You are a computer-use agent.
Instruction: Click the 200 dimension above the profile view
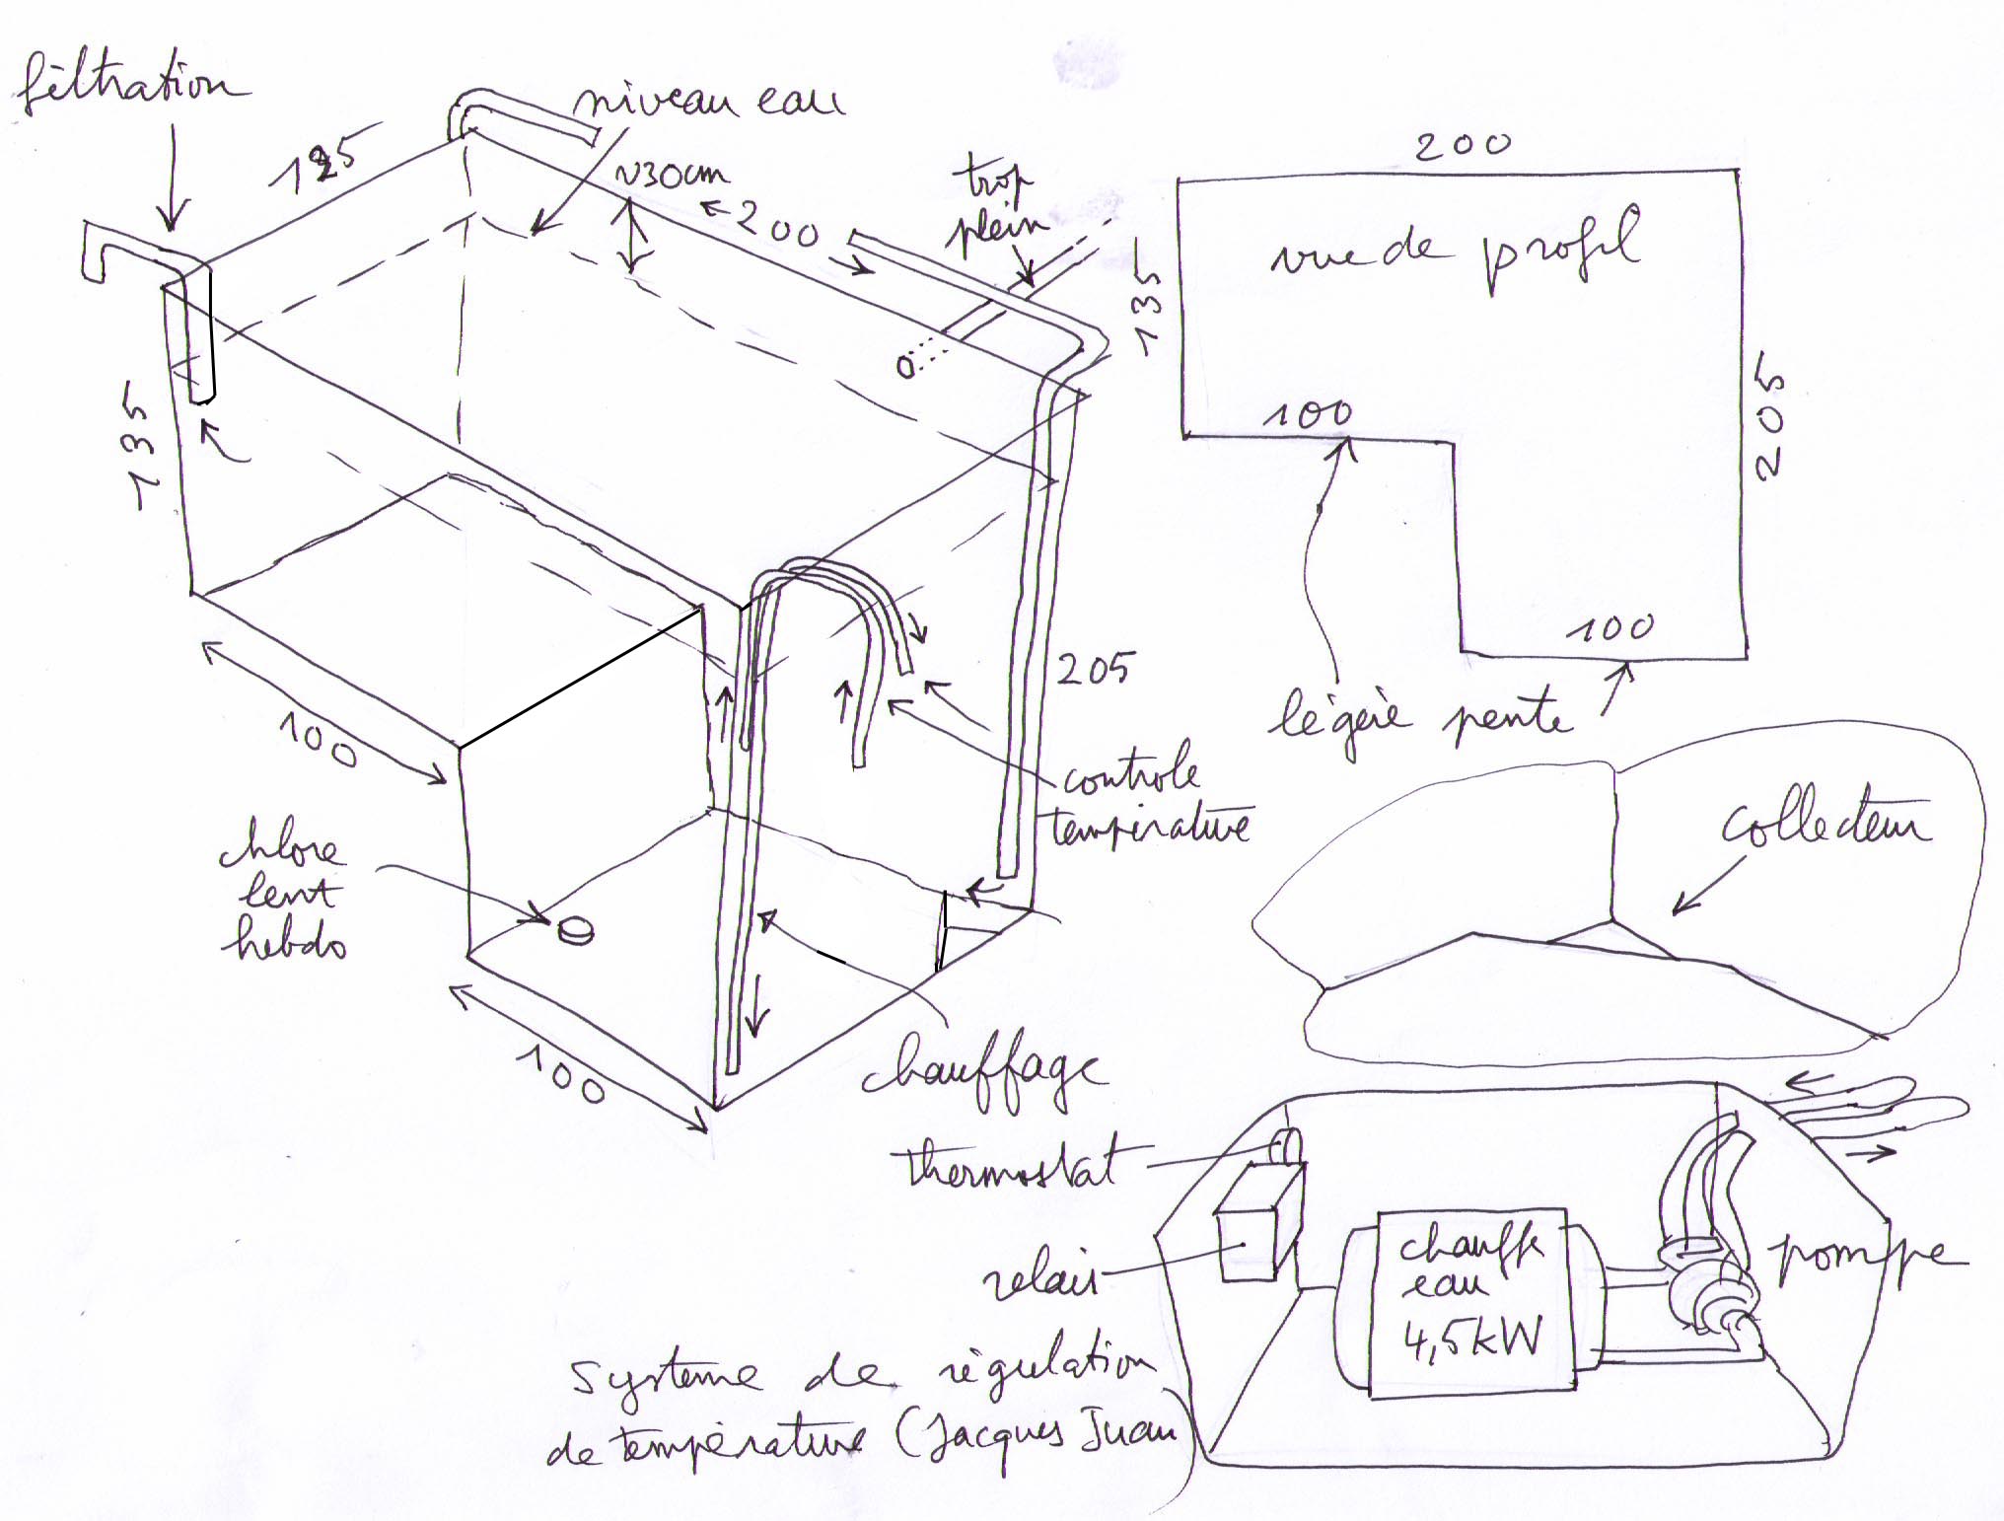[1462, 146]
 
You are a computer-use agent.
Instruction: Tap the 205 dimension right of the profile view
[1770, 424]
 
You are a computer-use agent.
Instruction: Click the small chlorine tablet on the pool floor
[575, 929]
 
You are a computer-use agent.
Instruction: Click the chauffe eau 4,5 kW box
[1469, 1302]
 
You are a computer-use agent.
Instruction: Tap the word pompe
[1864, 1258]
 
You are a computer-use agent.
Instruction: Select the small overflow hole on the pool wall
[904, 367]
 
